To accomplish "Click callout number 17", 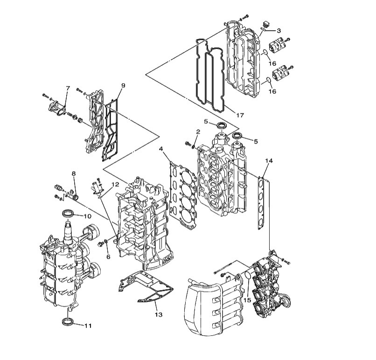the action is (x=240, y=115).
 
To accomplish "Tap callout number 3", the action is (x=279, y=31).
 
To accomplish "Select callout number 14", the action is (x=269, y=161).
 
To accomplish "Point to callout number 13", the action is (x=159, y=314).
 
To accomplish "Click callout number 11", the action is (x=88, y=326).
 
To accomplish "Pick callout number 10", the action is (x=88, y=216).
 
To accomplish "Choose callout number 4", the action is (x=161, y=149).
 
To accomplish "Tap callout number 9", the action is (x=123, y=85).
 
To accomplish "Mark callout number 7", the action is (x=68, y=88).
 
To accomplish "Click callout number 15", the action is (x=247, y=300).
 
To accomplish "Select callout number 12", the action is (x=115, y=184).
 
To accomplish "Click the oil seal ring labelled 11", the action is (x=67, y=321).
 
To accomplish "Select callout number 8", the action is (x=74, y=173).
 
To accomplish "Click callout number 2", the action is (x=198, y=132).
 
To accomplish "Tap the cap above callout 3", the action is (x=266, y=24).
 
